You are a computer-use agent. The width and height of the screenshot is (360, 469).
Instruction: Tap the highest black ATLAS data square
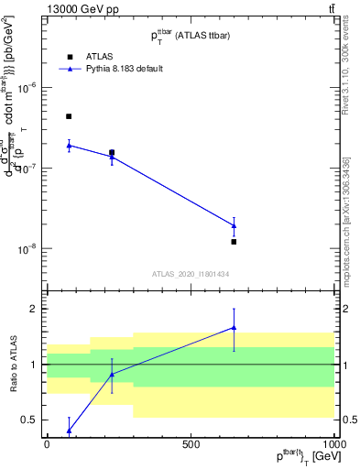click(69, 116)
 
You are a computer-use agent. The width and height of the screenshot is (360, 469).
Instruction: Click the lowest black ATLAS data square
click(234, 242)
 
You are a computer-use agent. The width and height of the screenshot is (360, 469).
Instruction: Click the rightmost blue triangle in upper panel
click(234, 225)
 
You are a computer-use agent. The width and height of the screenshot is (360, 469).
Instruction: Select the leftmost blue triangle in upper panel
click(69, 146)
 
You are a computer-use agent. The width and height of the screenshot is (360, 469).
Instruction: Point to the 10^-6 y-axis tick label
click(29, 88)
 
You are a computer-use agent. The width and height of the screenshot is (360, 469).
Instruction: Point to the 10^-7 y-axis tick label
click(29, 168)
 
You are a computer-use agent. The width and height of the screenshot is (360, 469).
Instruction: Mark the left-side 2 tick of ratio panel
click(34, 310)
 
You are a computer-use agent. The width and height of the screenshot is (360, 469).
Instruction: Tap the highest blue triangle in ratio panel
click(234, 327)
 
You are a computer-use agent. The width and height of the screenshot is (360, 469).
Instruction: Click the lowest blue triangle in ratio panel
click(69, 431)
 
